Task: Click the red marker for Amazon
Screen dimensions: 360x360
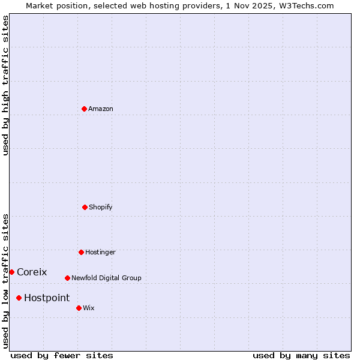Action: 84,109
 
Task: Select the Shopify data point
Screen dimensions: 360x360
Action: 85,207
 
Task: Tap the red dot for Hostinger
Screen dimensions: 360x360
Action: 81,252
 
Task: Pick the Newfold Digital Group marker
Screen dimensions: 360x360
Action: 67,278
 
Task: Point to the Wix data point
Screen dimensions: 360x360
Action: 79,308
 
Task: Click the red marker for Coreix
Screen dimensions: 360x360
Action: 11,272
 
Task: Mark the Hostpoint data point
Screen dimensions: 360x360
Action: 19,298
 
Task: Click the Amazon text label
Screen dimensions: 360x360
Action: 101,109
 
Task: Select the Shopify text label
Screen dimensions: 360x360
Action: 101,207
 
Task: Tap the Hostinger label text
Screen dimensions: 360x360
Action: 100,252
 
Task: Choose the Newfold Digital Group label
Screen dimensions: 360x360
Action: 106,278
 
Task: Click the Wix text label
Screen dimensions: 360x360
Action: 89,308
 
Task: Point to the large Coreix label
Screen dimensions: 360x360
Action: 32,272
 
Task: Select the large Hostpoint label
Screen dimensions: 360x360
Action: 47,298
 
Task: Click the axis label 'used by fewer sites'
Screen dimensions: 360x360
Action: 62,355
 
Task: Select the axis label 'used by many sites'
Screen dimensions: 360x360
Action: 301,355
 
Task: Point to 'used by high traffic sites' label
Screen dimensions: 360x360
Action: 5,85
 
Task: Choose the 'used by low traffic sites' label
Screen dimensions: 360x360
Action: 5,281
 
